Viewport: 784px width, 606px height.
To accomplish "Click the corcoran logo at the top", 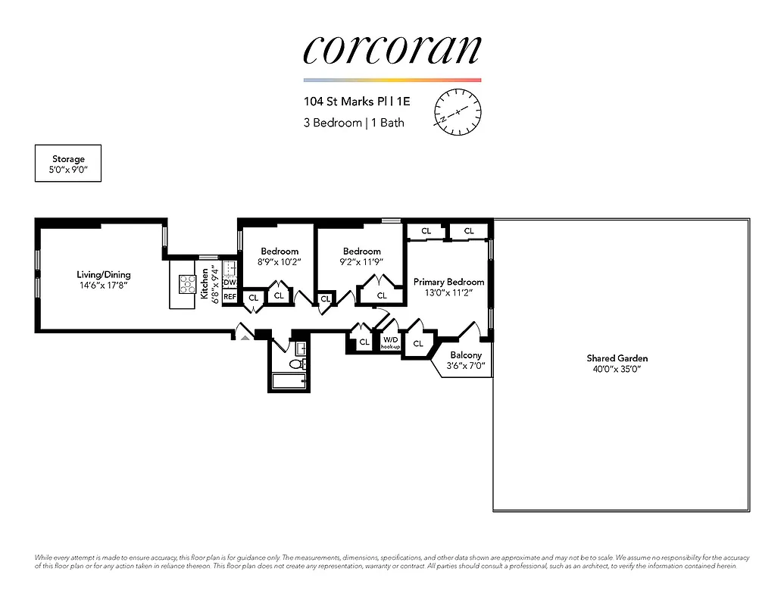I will point(392,50).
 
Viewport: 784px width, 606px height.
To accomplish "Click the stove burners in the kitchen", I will point(186,283).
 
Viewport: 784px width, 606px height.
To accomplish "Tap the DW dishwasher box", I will point(230,283).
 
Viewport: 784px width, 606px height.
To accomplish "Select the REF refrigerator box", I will point(230,296).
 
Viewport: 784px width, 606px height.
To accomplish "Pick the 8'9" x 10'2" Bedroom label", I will point(280,257).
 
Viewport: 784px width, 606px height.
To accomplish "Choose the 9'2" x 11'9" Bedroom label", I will point(361,257).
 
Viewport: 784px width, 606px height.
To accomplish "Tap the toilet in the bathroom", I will point(296,364).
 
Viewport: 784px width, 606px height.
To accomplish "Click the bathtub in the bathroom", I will point(289,381).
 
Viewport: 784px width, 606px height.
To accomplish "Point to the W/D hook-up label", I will point(391,342).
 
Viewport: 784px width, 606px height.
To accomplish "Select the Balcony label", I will point(466,355).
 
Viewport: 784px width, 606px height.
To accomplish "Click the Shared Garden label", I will point(617,358).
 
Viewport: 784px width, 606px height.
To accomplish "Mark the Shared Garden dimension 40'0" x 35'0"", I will point(617,369).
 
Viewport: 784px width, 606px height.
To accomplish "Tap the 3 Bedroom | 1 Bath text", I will point(354,123).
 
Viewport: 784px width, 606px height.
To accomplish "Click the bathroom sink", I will point(300,349).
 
